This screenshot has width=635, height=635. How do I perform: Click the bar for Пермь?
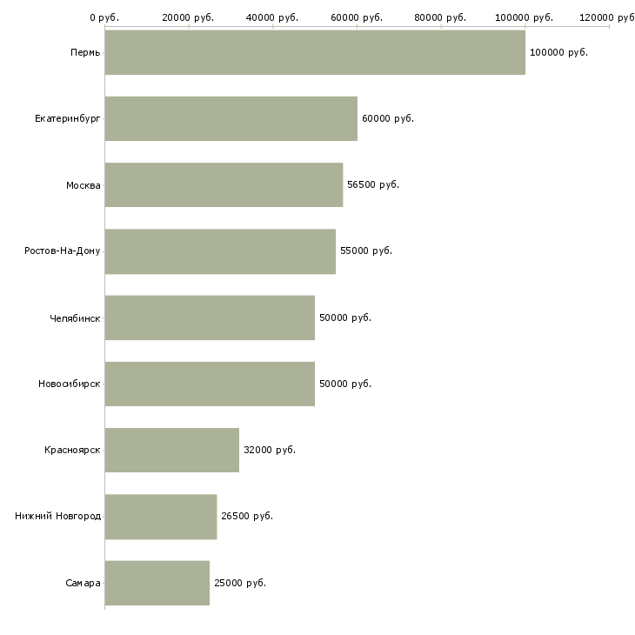315,52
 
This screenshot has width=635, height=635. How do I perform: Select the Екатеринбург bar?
231,118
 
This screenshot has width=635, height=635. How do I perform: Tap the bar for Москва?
224,184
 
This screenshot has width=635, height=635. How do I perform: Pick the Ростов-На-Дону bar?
220,251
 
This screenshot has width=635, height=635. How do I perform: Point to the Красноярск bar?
171,450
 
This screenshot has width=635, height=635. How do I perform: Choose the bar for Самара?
157,583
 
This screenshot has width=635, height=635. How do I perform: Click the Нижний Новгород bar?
160,516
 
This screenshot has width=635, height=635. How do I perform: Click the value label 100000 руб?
558,52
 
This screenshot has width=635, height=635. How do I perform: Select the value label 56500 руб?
373,184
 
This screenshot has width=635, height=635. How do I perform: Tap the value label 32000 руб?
270,450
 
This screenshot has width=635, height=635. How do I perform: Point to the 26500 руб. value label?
247,516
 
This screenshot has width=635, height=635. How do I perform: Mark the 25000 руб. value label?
240,583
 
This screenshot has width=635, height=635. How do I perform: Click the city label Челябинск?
75,317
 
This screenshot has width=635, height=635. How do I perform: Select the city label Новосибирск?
70,384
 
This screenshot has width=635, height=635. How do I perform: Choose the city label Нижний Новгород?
58,516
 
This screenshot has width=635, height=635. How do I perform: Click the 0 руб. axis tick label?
104,17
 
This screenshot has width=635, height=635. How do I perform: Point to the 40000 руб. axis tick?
272,17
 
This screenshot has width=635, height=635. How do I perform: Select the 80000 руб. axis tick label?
441,17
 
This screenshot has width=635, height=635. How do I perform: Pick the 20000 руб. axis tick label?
188,17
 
